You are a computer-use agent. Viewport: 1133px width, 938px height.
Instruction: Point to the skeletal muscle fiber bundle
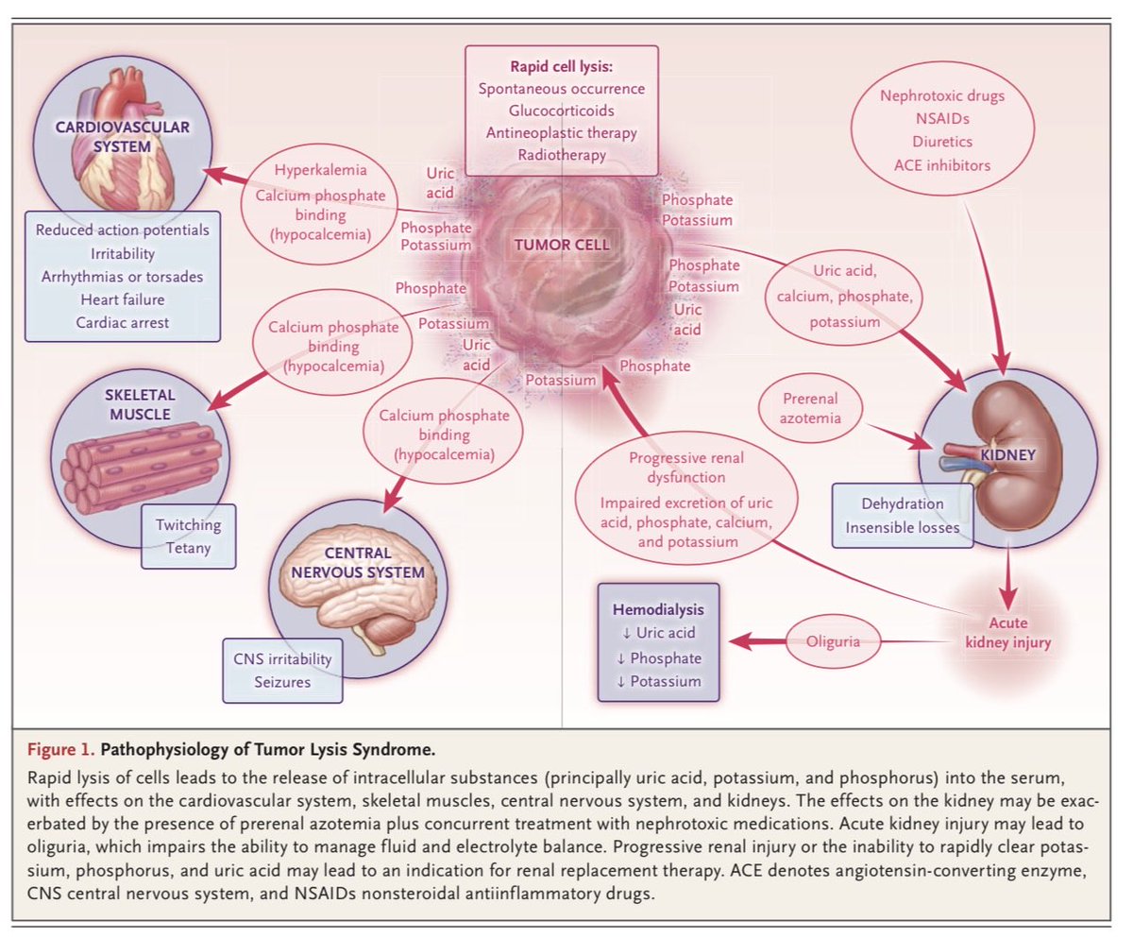[x=142, y=463]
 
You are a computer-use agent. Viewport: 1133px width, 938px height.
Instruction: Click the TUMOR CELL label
[x=561, y=245]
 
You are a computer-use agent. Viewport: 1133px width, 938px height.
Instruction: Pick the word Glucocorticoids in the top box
[x=564, y=110]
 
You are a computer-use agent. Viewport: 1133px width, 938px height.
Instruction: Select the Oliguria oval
[x=829, y=641]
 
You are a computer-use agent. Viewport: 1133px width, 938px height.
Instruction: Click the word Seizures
[x=282, y=680]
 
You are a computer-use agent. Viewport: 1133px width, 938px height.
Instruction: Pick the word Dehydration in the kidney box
[x=902, y=504]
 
